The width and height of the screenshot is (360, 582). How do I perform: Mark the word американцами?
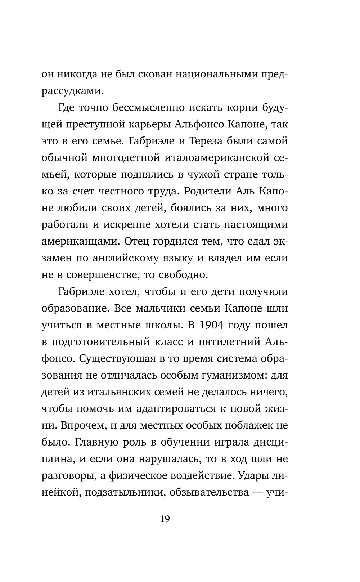[x=80, y=242]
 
